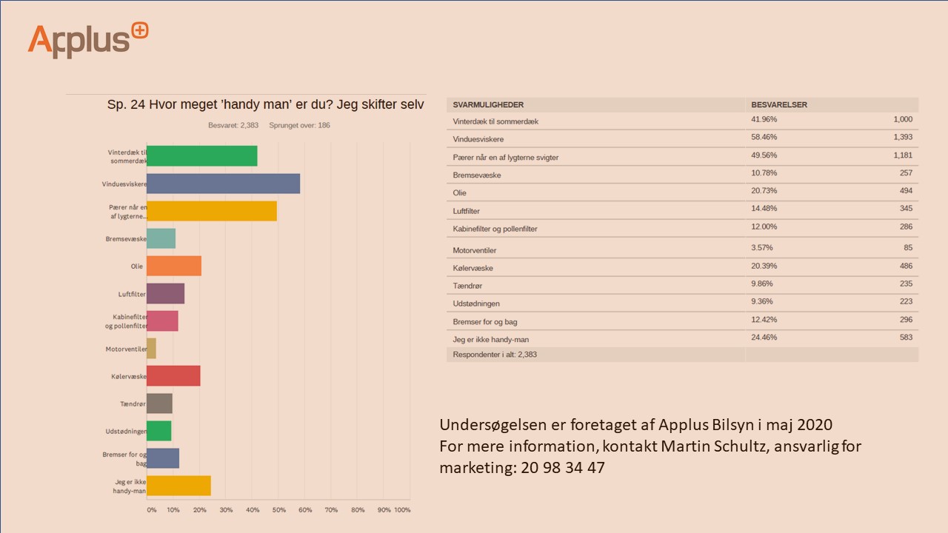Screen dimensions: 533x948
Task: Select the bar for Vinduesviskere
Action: pos(223,184)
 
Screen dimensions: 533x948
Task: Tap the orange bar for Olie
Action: pos(174,266)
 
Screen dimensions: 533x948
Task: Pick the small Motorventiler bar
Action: pos(151,349)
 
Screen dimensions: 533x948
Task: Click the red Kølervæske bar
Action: pos(173,376)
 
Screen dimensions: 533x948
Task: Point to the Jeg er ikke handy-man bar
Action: pos(178,486)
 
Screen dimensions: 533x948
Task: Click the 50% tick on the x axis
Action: pos(278,510)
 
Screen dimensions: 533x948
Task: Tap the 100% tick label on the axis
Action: pos(401,510)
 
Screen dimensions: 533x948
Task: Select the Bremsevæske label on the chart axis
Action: pos(126,239)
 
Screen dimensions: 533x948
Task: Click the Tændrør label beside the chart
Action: pos(131,404)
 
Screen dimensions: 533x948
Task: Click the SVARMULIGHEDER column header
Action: pos(488,105)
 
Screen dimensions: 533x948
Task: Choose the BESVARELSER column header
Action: pos(779,105)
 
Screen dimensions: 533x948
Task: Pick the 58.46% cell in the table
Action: pos(764,138)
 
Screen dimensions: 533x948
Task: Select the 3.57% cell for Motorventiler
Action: pos(761,248)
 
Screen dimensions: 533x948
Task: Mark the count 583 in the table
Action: pos(906,338)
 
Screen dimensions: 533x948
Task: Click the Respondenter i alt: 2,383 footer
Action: pos(495,355)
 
